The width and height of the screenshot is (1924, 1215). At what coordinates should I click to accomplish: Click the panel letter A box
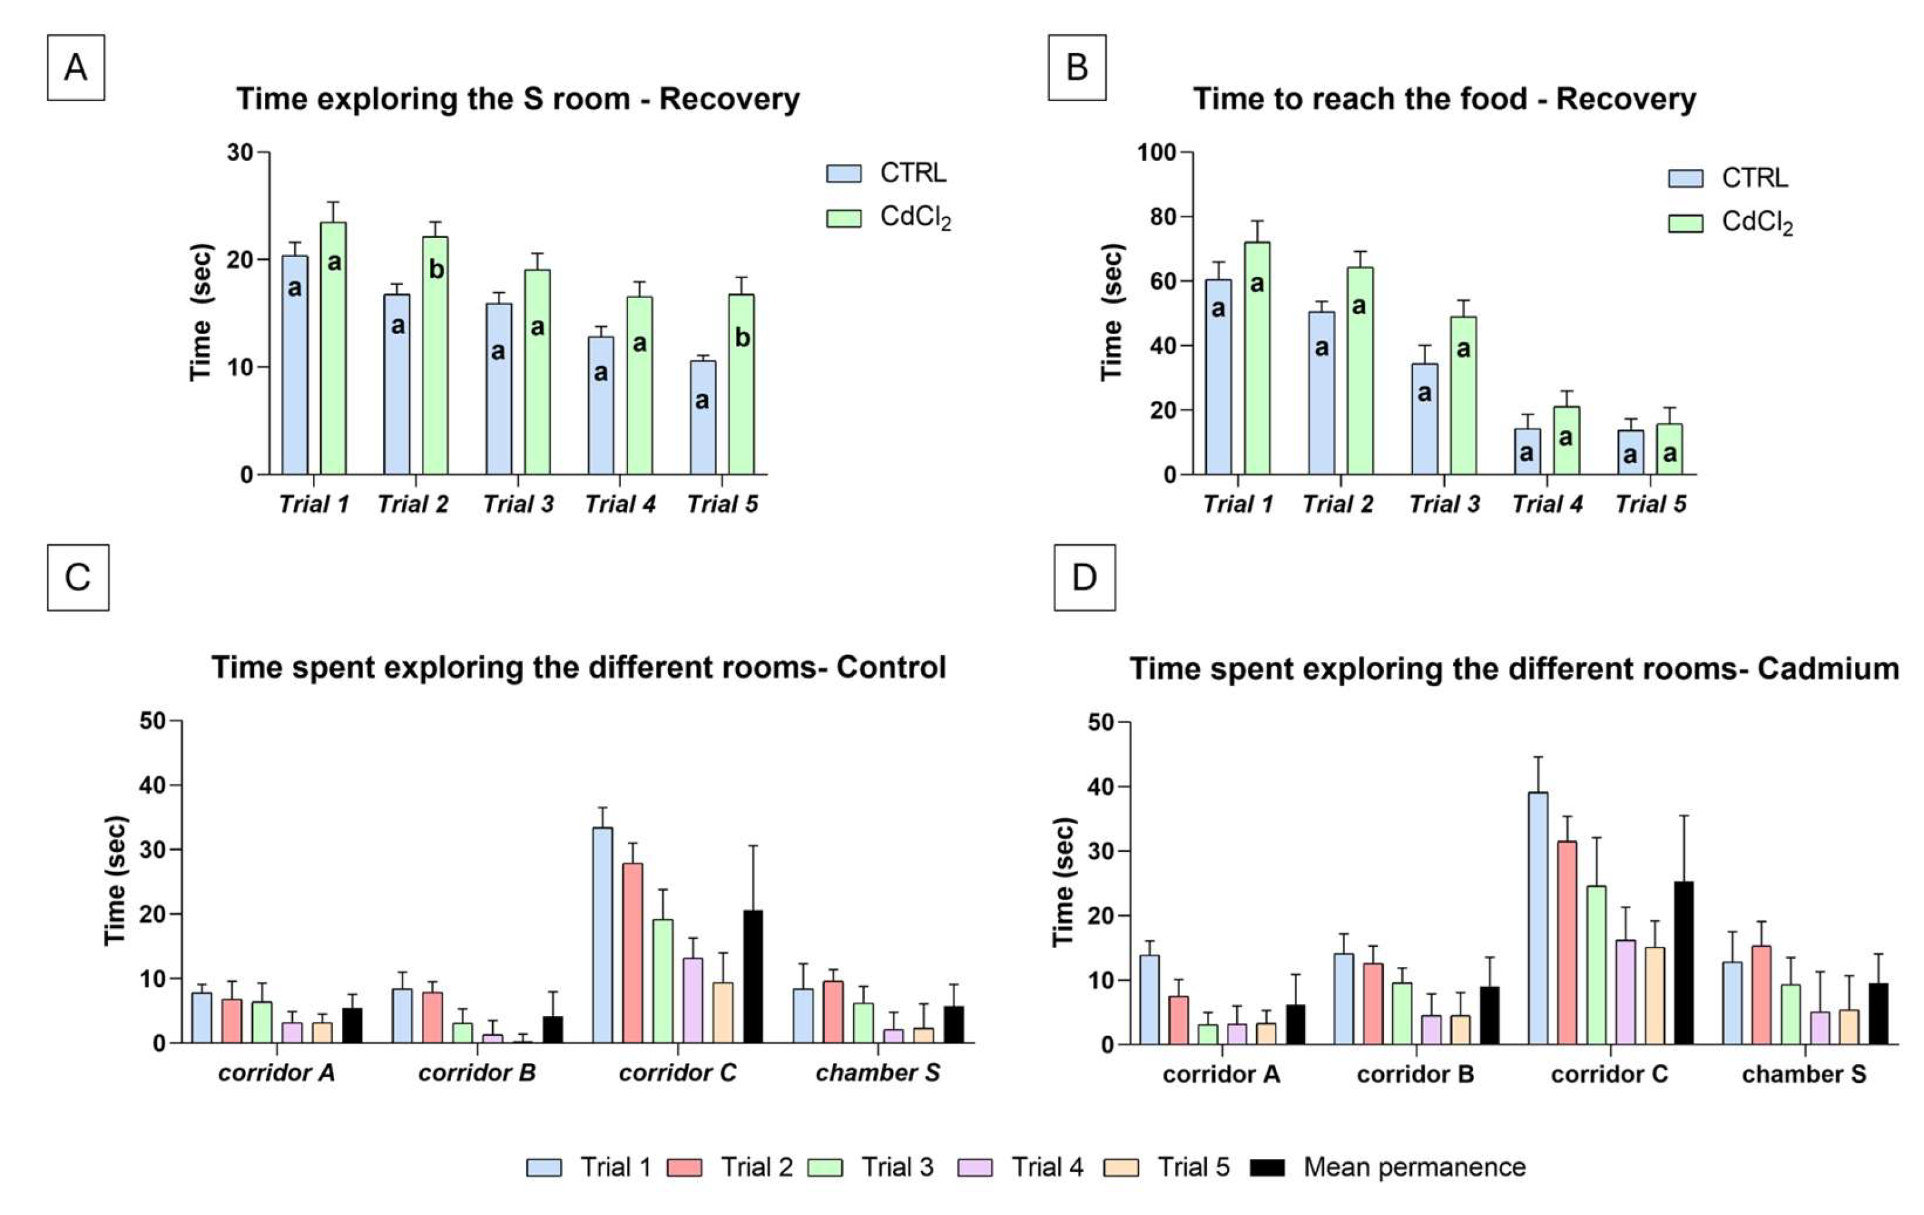(76, 68)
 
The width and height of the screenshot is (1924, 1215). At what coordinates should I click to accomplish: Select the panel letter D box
(1084, 578)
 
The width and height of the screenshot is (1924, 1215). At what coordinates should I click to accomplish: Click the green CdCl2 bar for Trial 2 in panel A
(436, 356)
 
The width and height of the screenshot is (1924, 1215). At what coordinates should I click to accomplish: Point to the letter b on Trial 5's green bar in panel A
(742, 338)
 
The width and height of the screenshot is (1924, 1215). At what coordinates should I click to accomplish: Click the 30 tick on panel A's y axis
(240, 152)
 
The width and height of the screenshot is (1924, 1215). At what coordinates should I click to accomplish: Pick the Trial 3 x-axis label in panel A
(518, 504)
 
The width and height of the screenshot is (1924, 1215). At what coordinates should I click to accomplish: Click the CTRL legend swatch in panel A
(844, 173)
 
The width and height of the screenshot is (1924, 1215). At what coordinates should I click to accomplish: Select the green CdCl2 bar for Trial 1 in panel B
(1257, 359)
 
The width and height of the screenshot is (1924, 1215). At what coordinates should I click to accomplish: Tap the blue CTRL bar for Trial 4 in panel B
(1527, 451)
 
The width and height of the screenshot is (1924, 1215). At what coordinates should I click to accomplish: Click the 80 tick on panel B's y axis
(1163, 216)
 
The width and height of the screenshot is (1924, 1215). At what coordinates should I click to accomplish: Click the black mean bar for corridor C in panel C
(753, 977)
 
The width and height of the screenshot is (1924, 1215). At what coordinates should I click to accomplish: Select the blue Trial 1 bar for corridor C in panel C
(602, 935)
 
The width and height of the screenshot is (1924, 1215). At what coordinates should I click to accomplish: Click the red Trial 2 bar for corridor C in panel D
(1567, 943)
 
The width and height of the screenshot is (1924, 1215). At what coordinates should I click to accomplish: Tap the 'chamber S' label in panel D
(1803, 1074)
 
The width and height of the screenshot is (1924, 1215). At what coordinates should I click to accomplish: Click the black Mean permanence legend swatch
(1267, 1168)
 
